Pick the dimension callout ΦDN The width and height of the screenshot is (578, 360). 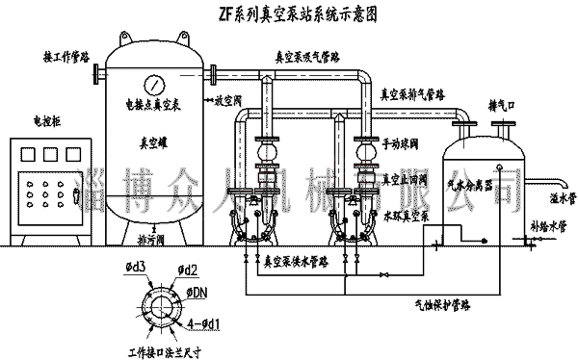pyautogui.click(x=199, y=291)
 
